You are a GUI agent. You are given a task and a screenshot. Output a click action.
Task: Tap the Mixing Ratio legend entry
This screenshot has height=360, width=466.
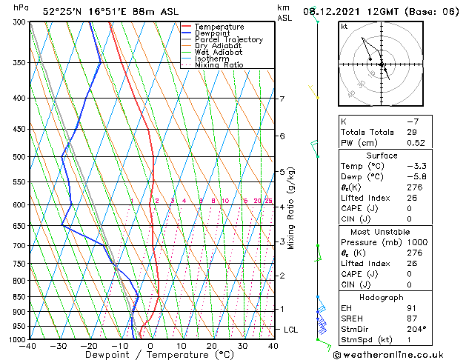(219, 65)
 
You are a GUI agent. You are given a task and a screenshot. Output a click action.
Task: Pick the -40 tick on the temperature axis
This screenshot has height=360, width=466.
(30, 346)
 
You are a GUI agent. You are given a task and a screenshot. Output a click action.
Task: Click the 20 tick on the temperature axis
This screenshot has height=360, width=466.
(212, 346)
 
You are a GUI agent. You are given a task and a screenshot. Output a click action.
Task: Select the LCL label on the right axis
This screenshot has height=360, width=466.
(290, 329)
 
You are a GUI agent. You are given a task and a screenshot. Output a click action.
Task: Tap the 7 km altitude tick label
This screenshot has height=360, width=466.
(282, 99)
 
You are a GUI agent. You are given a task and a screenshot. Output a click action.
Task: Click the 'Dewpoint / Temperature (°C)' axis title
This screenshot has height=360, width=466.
(151, 355)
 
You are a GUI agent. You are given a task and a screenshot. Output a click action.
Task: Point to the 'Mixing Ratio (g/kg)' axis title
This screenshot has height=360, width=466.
(291, 208)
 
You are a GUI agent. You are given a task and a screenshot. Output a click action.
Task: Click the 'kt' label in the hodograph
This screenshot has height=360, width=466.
(344, 27)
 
